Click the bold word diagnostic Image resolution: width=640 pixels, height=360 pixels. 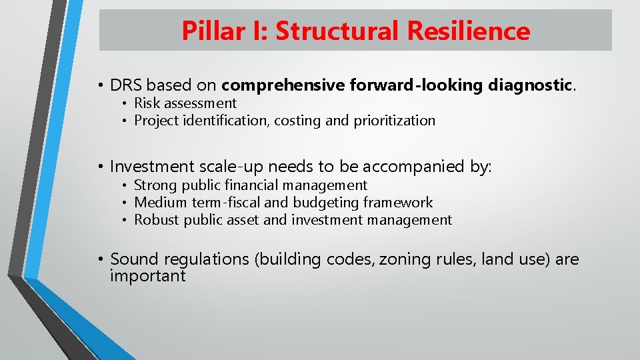[x=531, y=85]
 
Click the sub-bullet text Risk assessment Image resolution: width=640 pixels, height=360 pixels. [x=185, y=103]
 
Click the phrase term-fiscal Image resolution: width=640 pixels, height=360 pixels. [x=226, y=203]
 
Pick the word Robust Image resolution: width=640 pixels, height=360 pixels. [x=157, y=220]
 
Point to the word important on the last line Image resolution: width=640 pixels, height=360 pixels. [x=147, y=276]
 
